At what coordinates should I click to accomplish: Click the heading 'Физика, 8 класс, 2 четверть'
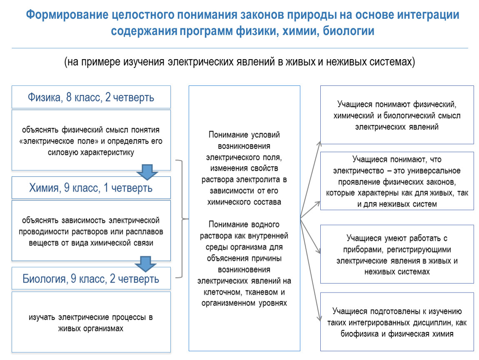click(91, 97)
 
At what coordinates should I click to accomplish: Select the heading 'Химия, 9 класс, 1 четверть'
click(91, 188)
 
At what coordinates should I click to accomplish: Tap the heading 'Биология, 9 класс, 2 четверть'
click(91, 279)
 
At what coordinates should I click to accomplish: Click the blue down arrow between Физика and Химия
click(147, 172)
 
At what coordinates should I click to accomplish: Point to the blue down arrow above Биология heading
click(145, 264)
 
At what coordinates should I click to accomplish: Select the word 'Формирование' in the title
click(67, 15)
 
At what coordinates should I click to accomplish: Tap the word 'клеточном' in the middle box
click(222, 292)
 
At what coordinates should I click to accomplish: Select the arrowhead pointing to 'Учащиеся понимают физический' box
click(319, 144)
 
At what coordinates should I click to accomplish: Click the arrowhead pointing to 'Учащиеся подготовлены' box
click(319, 318)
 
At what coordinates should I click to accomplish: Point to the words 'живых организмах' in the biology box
click(91, 328)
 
